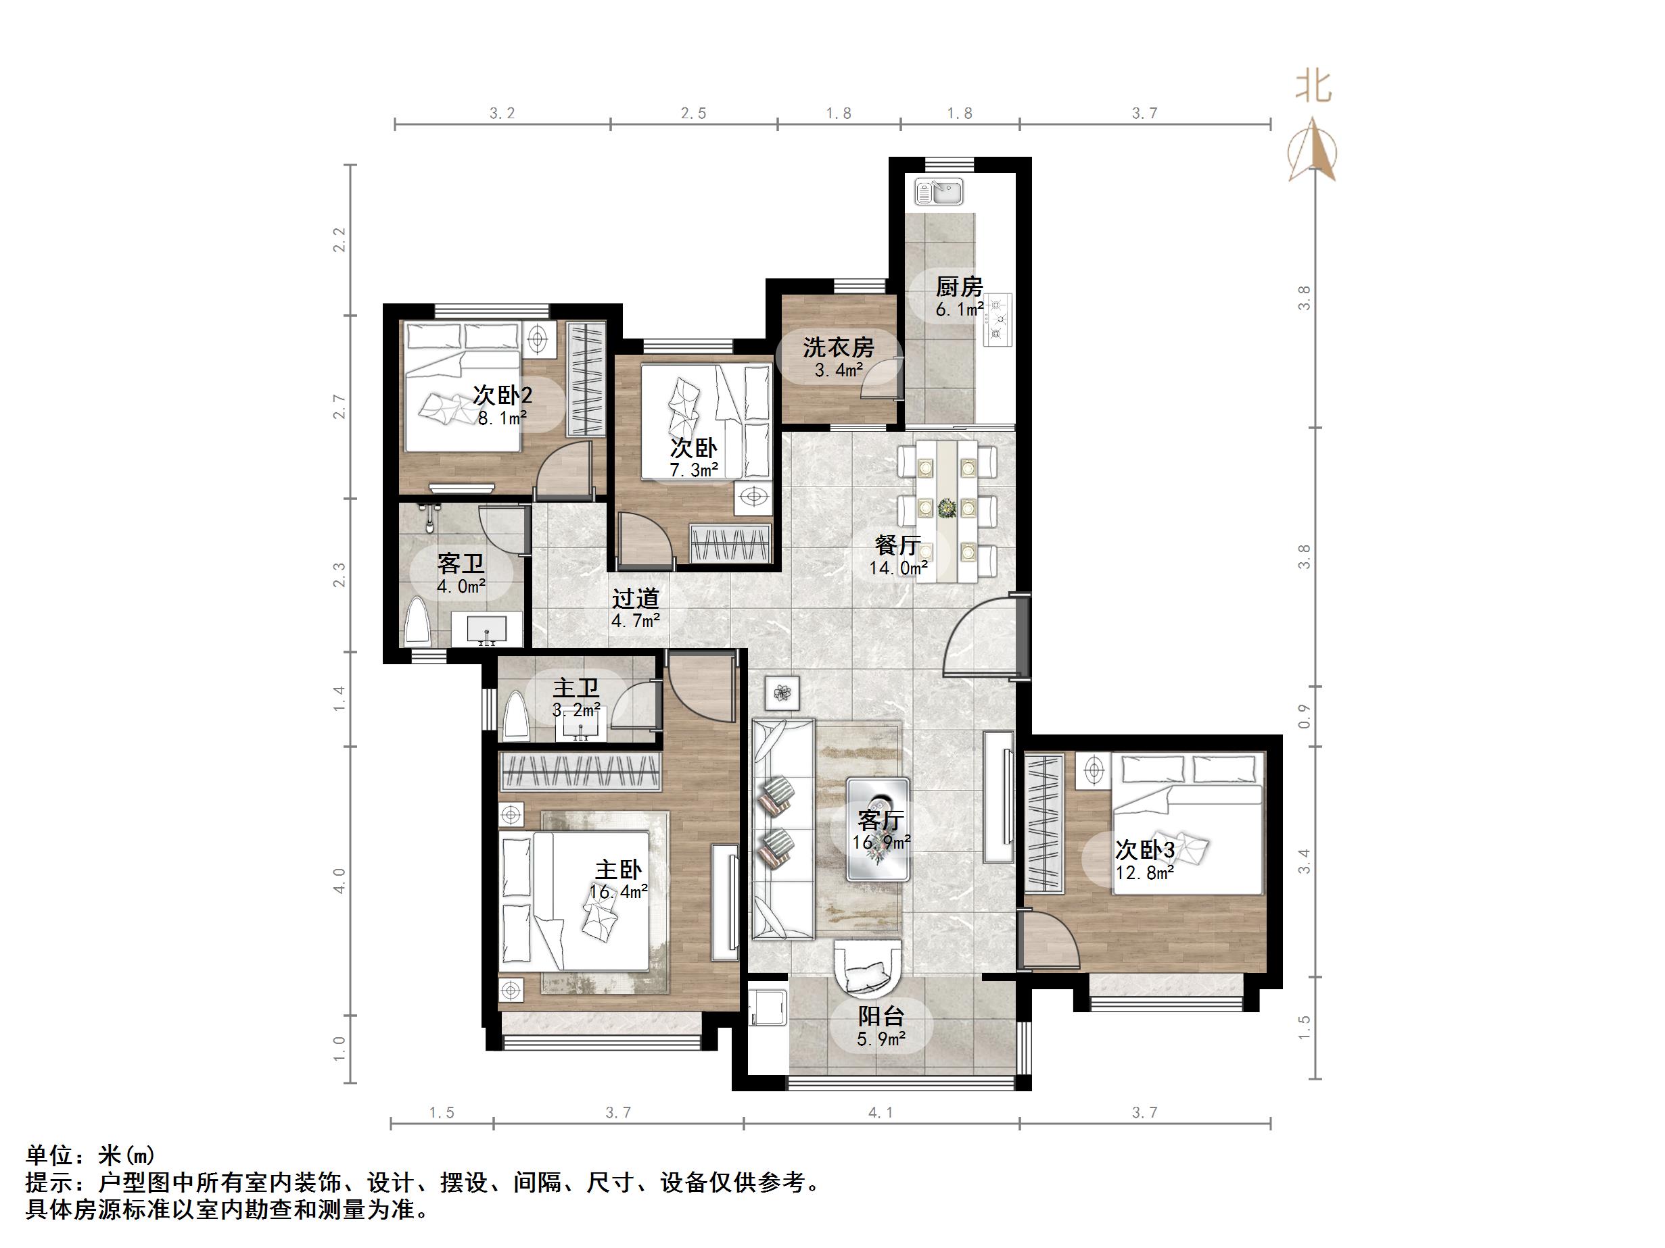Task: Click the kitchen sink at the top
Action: point(938,192)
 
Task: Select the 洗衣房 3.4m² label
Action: point(838,357)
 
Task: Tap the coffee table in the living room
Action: point(878,829)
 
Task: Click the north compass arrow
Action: point(1313,151)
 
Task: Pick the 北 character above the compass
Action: point(1313,86)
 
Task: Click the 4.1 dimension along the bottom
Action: point(881,1112)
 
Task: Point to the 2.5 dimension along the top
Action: point(693,113)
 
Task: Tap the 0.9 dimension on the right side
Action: point(1305,716)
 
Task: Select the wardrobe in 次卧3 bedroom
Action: point(1044,823)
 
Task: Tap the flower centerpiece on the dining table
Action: point(946,509)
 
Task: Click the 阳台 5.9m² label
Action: point(881,1027)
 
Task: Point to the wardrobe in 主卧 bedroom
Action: point(580,771)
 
